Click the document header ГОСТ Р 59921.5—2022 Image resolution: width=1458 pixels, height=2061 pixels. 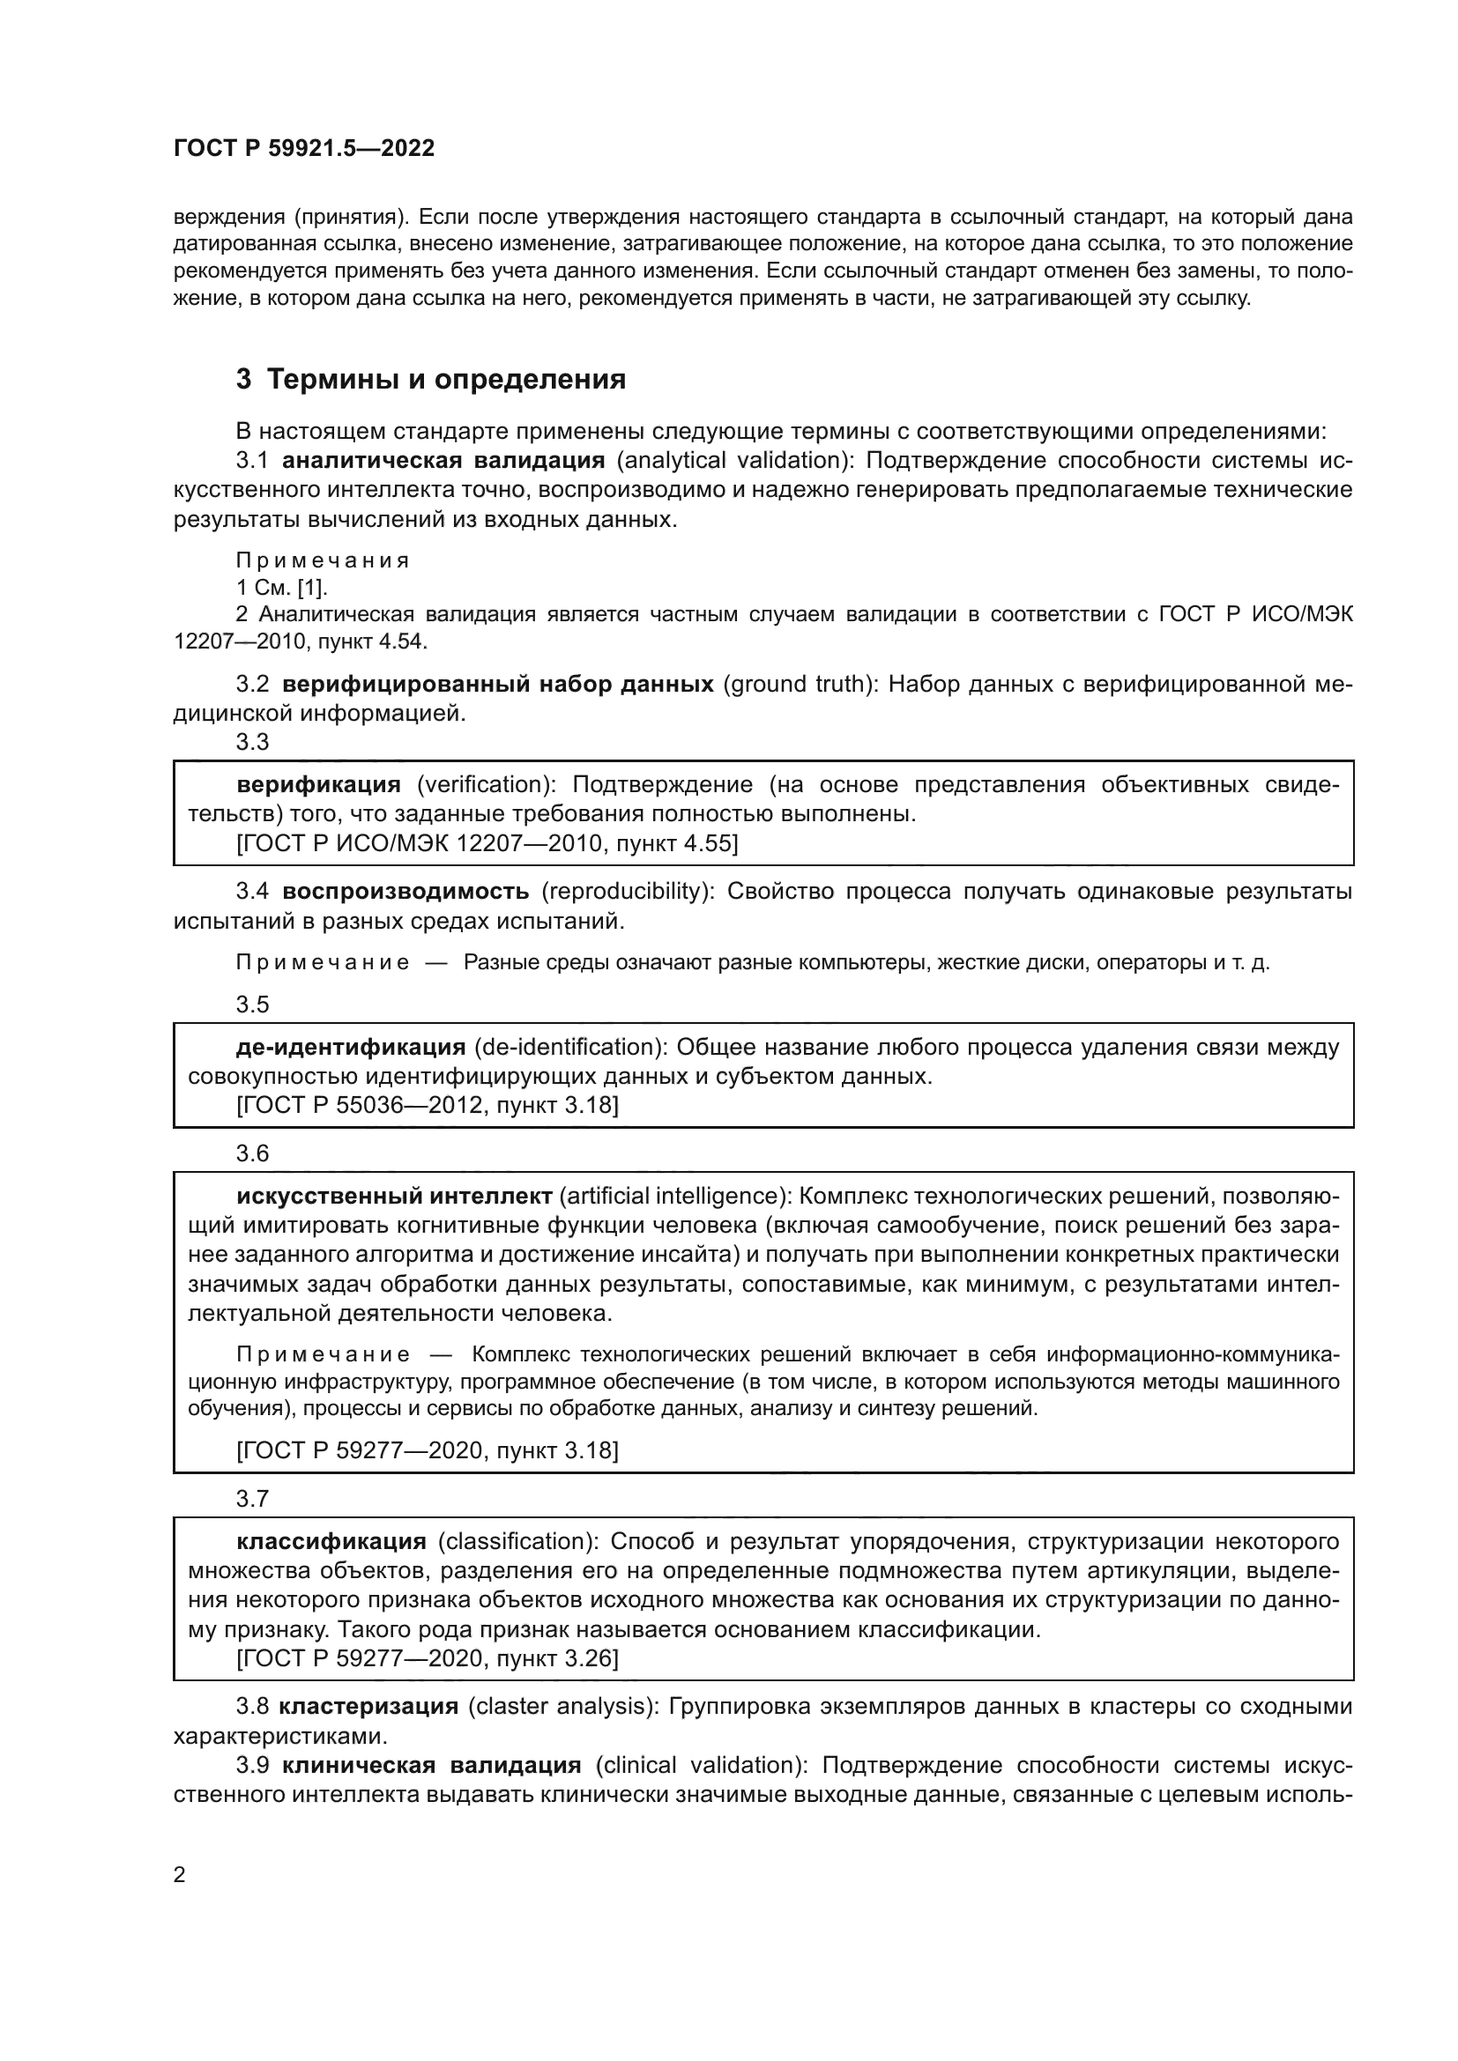[303, 148]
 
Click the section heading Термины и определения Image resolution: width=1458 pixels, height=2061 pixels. [446, 380]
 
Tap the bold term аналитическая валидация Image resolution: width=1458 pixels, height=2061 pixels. [443, 461]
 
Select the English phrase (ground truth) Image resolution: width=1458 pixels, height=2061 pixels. [799, 684]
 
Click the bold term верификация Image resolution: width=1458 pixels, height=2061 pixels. [319, 784]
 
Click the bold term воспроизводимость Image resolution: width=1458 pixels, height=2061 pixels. [405, 892]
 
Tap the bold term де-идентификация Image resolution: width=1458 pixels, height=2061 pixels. [351, 1047]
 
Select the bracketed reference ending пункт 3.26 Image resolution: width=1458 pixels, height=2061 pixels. [428, 1658]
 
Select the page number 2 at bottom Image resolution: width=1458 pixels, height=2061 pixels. [180, 1874]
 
